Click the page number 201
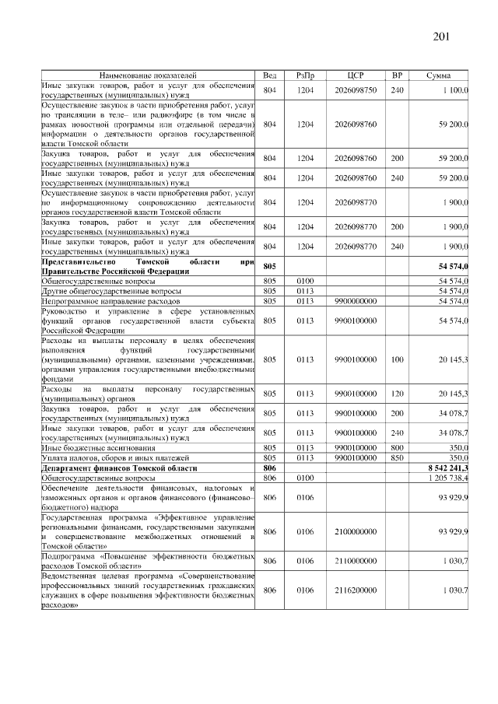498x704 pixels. [x=440, y=37]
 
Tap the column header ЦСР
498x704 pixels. [x=356, y=75]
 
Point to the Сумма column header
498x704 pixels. [x=440, y=75]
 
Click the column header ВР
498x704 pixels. [x=397, y=75]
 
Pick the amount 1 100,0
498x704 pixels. [x=451, y=91]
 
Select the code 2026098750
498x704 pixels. [x=356, y=91]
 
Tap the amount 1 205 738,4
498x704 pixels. [x=447, y=478]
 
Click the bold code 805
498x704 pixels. [x=270, y=267]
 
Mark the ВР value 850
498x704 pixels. [x=397, y=458]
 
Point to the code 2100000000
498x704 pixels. [x=356, y=531]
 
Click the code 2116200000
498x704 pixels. [x=356, y=590]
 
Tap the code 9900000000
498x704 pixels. [x=356, y=300]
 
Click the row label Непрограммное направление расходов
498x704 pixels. [x=110, y=300]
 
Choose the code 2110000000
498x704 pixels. [x=356, y=561]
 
